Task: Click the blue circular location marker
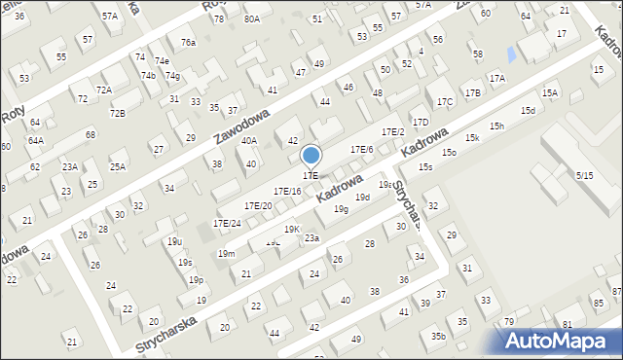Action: [x=311, y=156]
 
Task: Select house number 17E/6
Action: [x=361, y=149]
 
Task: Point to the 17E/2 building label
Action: [x=392, y=131]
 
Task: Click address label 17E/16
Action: [x=286, y=192]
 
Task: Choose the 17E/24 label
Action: [x=227, y=223]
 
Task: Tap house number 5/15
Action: [x=584, y=175]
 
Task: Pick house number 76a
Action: [x=188, y=43]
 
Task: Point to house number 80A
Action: [x=252, y=18]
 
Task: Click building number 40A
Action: [x=249, y=140]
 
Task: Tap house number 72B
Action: [x=117, y=113]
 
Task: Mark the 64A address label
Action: [x=35, y=140]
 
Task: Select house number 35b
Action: [x=439, y=337]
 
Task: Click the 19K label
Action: [x=292, y=229]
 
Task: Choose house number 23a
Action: [x=311, y=237]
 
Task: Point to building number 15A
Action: [x=550, y=92]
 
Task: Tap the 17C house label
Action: [x=445, y=101]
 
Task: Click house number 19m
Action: [x=226, y=254]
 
